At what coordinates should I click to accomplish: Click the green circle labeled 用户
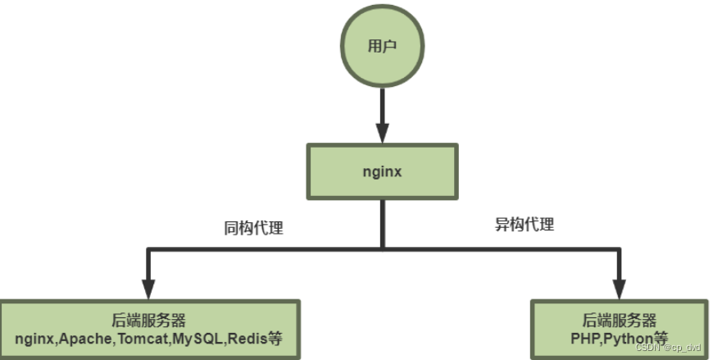(x=382, y=46)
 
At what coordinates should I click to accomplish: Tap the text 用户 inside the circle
(x=382, y=46)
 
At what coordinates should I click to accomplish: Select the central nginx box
(x=381, y=172)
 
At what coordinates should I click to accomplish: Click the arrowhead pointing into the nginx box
(x=382, y=133)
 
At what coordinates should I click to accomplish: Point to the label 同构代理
(x=253, y=228)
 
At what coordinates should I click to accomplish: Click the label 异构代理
(x=525, y=224)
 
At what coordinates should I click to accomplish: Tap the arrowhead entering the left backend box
(x=148, y=288)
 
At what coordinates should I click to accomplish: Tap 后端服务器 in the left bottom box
(x=148, y=321)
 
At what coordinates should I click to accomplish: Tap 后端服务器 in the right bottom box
(x=620, y=321)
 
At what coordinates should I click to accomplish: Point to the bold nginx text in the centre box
(x=381, y=172)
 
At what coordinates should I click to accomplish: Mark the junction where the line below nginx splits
(x=382, y=247)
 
